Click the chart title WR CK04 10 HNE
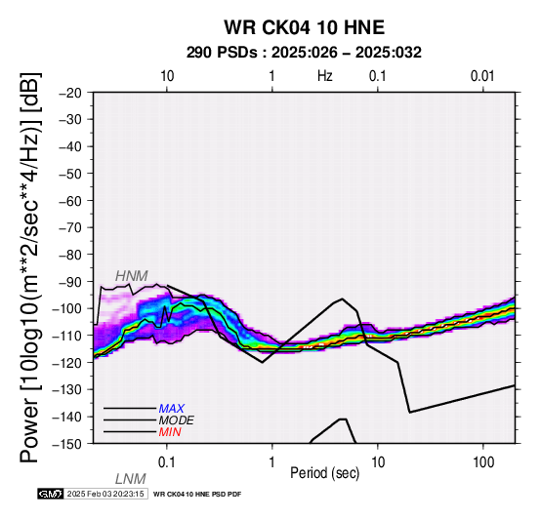coord(305,27)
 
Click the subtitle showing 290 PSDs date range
coord(304,53)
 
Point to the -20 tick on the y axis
coord(70,93)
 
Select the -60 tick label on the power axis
coord(70,201)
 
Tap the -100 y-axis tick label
coord(67,308)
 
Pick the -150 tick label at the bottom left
coord(67,444)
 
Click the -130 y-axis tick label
coord(67,389)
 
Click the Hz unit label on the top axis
coord(324,76)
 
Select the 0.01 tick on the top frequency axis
coord(482,76)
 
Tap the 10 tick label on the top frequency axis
coord(167,76)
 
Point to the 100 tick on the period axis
coord(483,462)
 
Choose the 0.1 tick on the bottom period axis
coord(167,462)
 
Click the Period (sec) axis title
coord(324,473)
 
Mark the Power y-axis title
coord(30,267)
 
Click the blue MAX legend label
coord(172,409)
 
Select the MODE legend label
coord(177,420)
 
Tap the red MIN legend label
coord(170,432)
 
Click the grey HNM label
coord(132,276)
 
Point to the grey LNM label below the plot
coord(131,479)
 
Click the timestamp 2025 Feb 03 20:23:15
coord(105,494)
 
